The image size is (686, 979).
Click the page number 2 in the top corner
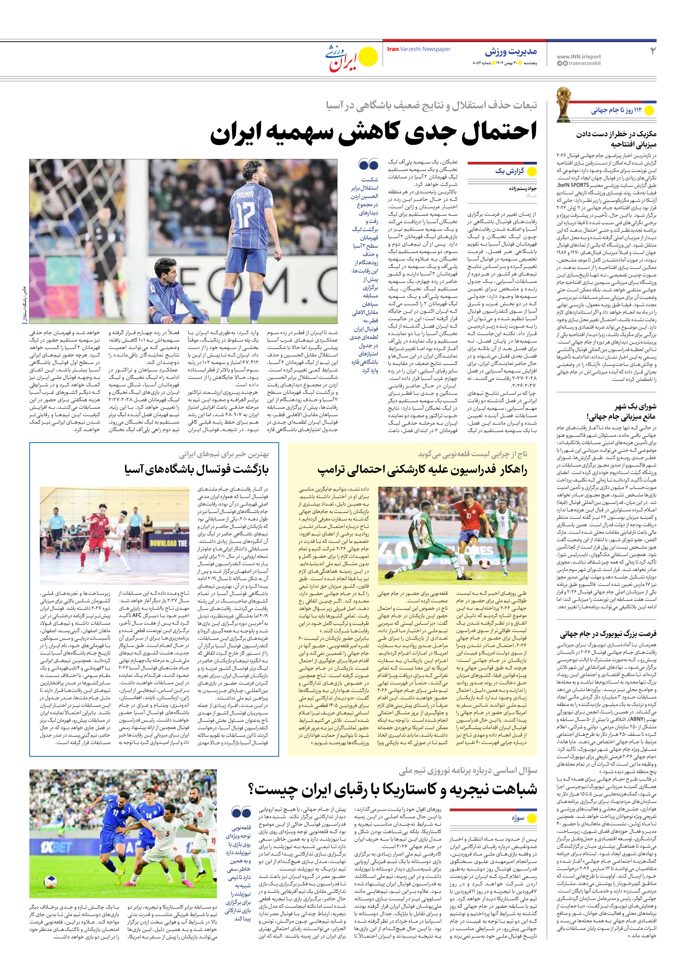point(652,51)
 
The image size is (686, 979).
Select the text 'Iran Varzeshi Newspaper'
point(418,49)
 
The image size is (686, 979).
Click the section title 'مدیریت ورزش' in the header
point(511,52)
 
